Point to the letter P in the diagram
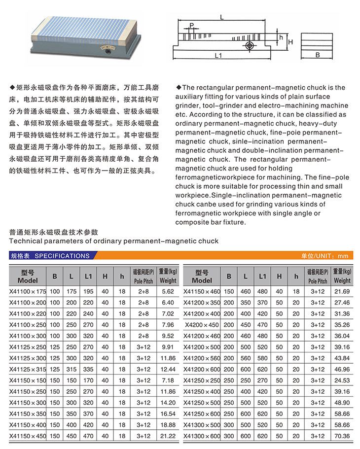[191, 25]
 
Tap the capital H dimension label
[291, 42]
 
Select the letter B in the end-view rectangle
[318, 55]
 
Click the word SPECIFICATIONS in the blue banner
[62, 256]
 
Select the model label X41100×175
[28, 291]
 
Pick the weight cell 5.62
[168, 291]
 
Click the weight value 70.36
[342, 436]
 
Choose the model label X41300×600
[202, 436]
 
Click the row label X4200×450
[202, 325]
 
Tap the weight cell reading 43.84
[342, 358]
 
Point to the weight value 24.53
[342, 380]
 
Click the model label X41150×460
[202, 291]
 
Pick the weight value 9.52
[168, 336]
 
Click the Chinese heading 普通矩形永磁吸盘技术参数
[54, 232]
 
